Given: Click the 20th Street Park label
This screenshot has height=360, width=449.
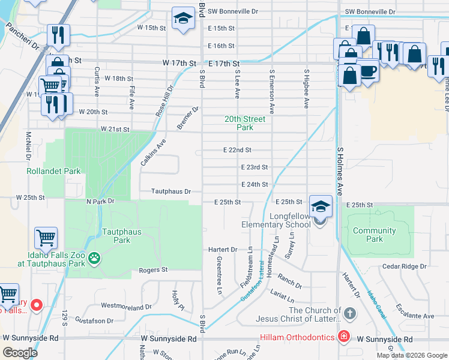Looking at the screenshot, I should pyautogui.click(x=239, y=123).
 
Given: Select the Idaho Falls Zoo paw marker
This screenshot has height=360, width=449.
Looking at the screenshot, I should pyautogui.click(x=94, y=259).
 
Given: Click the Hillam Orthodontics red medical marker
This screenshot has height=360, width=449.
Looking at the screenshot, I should pyautogui.click(x=343, y=337).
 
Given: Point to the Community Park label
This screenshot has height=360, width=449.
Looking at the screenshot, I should pyautogui.click(x=375, y=235).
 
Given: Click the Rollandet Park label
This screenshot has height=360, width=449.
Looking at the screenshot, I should pyautogui.click(x=53, y=171).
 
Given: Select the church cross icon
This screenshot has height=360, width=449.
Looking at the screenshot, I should pyautogui.click(x=351, y=314).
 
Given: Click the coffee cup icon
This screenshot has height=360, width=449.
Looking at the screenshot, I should pyautogui.click(x=367, y=71).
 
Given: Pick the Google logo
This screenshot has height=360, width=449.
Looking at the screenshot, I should pyautogui.click(x=20, y=353).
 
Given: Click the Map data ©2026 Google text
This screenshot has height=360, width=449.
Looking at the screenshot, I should pyautogui.click(x=411, y=355).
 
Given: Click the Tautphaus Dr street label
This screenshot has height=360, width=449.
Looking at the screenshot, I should pyautogui.click(x=171, y=191).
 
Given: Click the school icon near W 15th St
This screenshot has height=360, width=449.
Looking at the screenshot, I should pyautogui.click(x=183, y=19).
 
